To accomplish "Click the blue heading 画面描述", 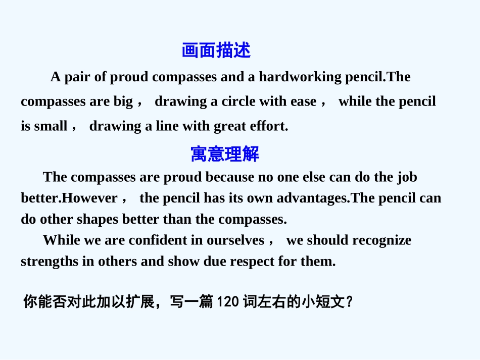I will tap(216, 50).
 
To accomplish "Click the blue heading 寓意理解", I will tap(225, 154).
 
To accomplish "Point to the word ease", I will tap(303, 101).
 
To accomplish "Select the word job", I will tap(407, 177).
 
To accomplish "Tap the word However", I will tap(89, 198).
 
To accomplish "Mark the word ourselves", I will tap(235, 240).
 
